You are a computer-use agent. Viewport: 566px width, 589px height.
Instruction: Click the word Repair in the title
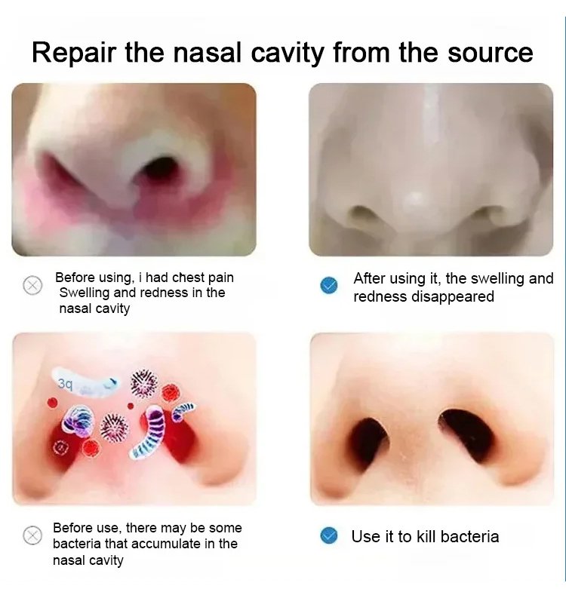[75, 54]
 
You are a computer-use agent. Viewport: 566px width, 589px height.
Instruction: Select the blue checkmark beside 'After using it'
[329, 286]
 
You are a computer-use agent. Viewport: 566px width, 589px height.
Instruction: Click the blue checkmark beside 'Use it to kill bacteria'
[329, 535]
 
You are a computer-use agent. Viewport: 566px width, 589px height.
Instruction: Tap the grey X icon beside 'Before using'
[32, 286]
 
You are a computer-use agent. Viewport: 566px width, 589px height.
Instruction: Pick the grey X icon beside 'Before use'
[32, 535]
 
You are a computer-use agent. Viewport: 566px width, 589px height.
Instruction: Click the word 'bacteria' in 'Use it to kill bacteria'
[470, 536]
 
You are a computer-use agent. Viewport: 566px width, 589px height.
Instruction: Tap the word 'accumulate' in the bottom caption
[163, 544]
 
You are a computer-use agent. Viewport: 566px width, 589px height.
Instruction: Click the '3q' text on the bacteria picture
[65, 384]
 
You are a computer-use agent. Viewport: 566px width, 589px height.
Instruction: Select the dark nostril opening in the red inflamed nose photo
[161, 167]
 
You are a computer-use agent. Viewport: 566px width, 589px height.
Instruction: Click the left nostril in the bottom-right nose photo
[368, 440]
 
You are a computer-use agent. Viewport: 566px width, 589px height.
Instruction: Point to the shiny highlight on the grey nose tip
[414, 196]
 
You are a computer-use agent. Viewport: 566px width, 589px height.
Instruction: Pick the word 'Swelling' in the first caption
[85, 293]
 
